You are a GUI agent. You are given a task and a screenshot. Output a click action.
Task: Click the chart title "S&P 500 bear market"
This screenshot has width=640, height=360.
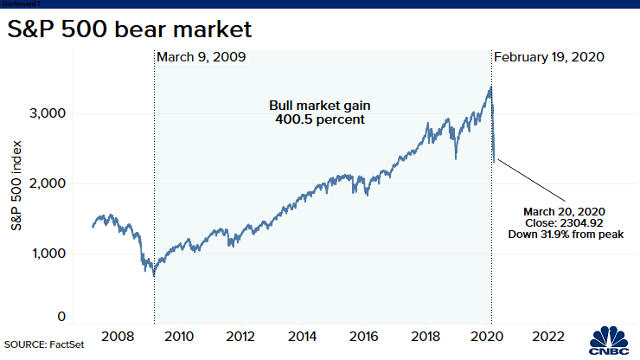[130, 30]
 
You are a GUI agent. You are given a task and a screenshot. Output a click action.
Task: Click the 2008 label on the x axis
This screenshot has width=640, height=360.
[116, 336]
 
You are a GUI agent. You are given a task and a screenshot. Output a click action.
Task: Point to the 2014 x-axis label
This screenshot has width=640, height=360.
[302, 336]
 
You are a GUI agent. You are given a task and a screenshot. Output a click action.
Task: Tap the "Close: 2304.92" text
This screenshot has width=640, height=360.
[562, 222]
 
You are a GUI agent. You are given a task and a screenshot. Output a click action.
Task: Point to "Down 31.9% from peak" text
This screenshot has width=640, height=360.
[562, 234]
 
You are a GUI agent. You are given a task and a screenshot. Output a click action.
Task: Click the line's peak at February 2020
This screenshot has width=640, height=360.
[490, 87]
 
